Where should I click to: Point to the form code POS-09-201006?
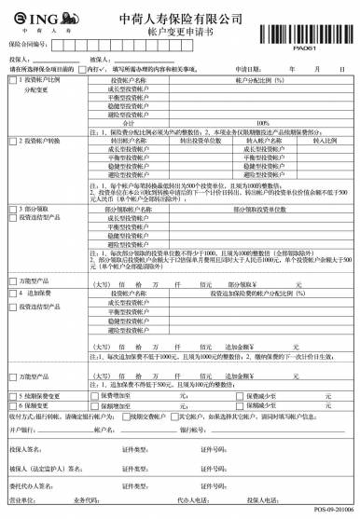point(333,512)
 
